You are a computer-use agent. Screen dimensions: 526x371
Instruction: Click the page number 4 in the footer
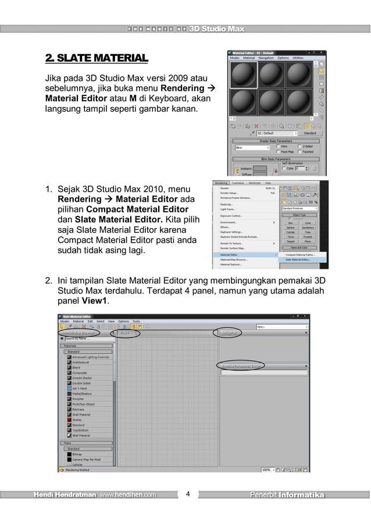(187, 495)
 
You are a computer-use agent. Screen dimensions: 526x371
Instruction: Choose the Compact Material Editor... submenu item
(301, 254)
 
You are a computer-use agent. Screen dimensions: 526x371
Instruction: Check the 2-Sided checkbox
(300, 146)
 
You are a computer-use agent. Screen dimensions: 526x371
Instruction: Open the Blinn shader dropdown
(251, 148)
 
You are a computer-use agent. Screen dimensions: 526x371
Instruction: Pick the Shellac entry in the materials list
(78, 420)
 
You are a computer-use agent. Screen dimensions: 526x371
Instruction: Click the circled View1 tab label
(125, 333)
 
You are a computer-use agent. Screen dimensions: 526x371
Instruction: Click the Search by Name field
(87, 338)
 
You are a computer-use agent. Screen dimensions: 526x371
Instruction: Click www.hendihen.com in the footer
(127, 495)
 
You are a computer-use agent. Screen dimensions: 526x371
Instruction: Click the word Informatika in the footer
(301, 495)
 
